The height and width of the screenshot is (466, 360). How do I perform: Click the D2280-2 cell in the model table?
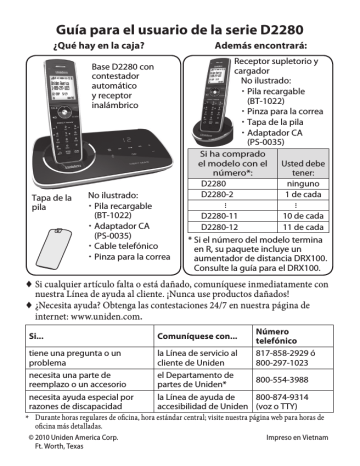[x=216, y=196]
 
